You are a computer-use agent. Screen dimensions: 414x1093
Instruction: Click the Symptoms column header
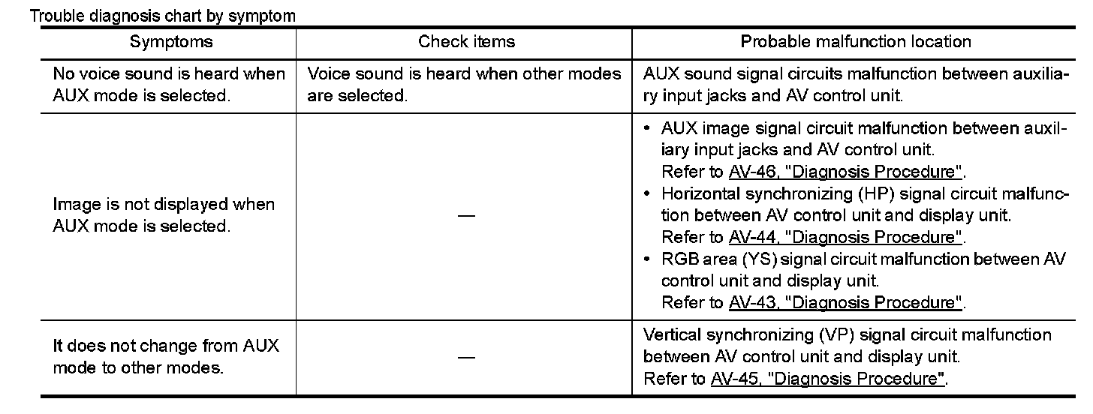point(171,42)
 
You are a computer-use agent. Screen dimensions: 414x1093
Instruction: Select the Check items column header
point(466,42)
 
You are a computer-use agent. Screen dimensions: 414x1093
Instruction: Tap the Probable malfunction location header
point(855,42)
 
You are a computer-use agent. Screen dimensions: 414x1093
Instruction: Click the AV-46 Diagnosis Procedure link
point(845,171)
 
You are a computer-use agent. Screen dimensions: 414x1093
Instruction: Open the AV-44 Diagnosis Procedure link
point(845,237)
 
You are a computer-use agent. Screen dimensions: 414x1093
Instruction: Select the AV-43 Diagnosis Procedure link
point(845,303)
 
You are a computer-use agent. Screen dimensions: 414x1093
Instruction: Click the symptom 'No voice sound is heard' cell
point(169,85)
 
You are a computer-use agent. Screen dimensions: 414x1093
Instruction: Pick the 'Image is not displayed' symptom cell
point(164,215)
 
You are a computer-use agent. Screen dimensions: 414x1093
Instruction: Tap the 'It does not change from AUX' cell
point(165,357)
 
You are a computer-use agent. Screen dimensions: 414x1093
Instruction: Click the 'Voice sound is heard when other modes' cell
point(465,85)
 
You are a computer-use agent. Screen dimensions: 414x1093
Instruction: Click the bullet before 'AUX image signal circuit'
point(648,128)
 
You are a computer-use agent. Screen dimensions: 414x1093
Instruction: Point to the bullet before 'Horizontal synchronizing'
point(648,193)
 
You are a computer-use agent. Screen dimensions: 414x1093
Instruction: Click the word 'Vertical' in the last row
point(670,334)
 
